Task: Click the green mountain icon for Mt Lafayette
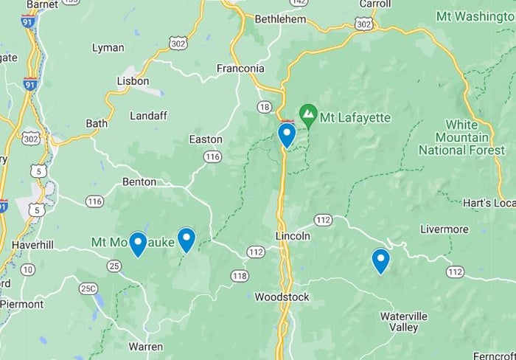click(308, 115)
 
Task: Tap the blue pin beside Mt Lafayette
click(287, 134)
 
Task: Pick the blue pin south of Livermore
click(380, 260)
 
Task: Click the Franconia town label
click(240, 69)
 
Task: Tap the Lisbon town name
click(133, 81)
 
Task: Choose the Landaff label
click(148, 116)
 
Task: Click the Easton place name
click(206, 139)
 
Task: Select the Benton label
click(139, 181)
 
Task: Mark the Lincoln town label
click(293, 236)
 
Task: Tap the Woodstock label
click(282, 297)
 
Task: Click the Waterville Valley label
click(403, 322)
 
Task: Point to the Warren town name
click(145, 346)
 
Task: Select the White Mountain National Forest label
click(453, 137)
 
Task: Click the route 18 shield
click(265, 108)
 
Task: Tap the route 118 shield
click(239, 276)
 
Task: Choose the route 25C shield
click(88, 288)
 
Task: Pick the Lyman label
click(108, 48)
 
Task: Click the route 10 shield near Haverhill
click(27, 270)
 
